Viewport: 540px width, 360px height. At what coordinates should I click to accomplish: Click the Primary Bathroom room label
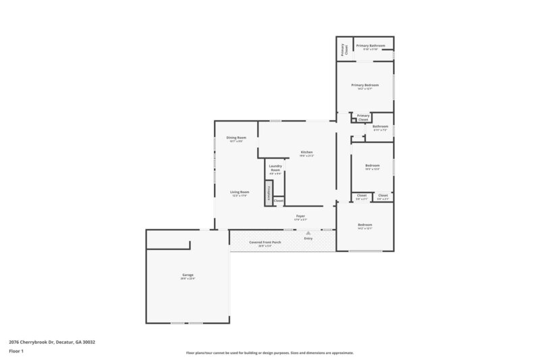pyautogui.click(x=371, y=45)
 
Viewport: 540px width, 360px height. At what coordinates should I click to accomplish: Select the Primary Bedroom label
pyautogui.click(x=364, y=85)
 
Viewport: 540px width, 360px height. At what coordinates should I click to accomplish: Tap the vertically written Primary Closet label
pyautogui.click(x=343, y=49)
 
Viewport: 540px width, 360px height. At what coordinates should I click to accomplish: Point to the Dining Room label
pyautogui.click(x=236, y=138)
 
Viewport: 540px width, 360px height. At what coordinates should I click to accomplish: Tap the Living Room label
pyautogui.click(x=240, y=192)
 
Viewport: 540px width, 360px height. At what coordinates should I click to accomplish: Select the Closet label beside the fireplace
pyautogui.click(x=279, y=200)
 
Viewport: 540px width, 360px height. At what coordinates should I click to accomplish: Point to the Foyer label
pyautogui.click(x=300, y=216)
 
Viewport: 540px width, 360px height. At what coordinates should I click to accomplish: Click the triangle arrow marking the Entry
pyautogui.click(x=308, y=232)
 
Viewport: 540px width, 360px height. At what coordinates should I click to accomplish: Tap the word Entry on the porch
pyautogui.click(x=308, y=238)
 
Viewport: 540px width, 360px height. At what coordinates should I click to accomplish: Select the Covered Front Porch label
pyautogui.click(x=260, y=242)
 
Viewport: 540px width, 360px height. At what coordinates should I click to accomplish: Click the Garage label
pyautogui.click(x=188, y=275)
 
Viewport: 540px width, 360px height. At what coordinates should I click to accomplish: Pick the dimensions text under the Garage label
pyautogui.click(x=188, y=279)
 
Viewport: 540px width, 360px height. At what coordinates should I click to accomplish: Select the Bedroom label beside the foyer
pyautogui.click(x=364, y=224)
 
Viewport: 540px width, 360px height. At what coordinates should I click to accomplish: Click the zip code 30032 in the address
pyautogui.click(x=88, y=342)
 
